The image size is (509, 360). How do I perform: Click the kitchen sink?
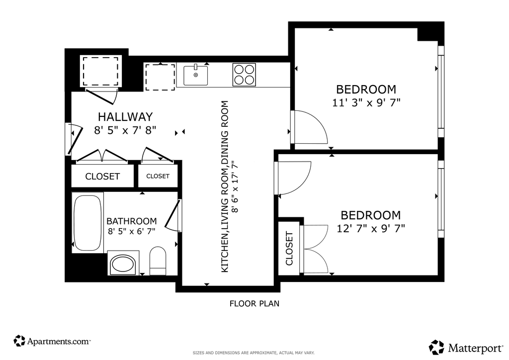click(195, 75)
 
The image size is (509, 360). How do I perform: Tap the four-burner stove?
click(244, 75)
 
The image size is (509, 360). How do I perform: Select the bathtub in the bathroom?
click(87, 223)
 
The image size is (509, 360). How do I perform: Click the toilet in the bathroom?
click(158, 261)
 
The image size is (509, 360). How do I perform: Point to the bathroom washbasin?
click(123, 264)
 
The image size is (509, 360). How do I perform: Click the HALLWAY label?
click(125, 116)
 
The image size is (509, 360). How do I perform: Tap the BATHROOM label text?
click(131, 221)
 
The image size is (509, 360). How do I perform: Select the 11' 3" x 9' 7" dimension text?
click(366, 102)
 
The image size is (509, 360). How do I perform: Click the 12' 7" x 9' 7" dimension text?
click(371, 229)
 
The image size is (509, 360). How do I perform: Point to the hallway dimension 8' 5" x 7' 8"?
click(125, 130)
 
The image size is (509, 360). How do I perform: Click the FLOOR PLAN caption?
click(254, 303)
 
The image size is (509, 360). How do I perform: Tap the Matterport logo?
click(466, 348)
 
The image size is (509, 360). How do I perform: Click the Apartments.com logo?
click(52, 341)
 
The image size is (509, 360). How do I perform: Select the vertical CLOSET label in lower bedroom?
click(289, 248)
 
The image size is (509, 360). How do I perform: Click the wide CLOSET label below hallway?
click(102, 176)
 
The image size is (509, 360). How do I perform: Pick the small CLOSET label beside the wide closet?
click(158, 176)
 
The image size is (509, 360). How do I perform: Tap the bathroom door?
click(172, 216)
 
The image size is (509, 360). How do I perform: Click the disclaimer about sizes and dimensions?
click(254, 353)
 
